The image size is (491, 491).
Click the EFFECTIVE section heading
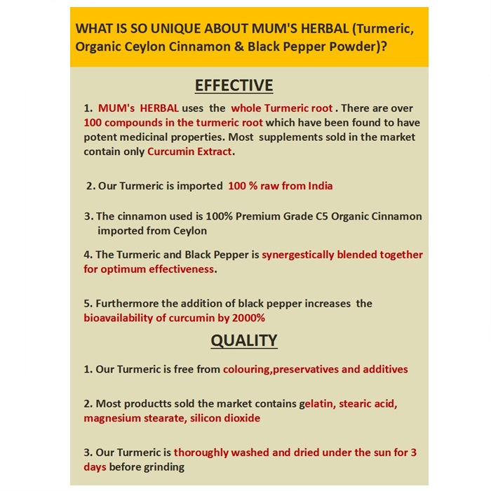[x=234, y=86]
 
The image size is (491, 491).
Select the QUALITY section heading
[x=244, y=341]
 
